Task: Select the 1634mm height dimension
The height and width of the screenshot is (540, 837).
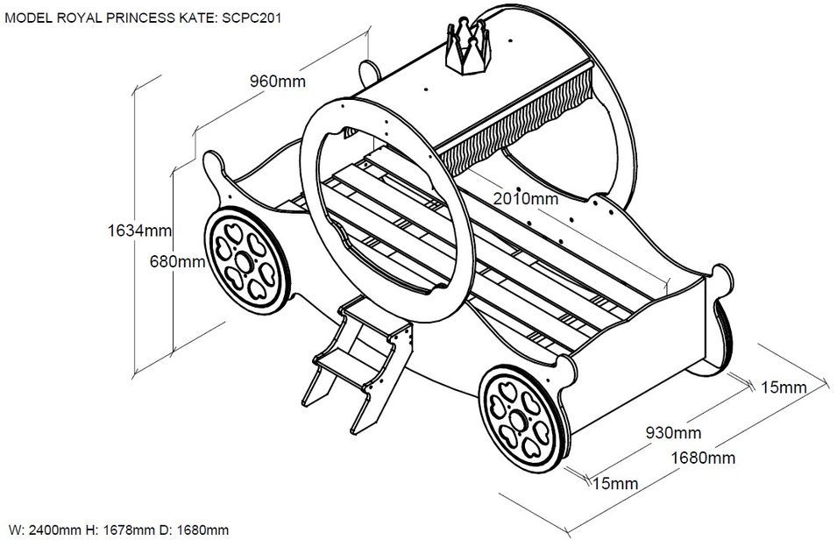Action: coord(139,231)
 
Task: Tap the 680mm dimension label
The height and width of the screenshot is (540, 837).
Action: coord(177,261)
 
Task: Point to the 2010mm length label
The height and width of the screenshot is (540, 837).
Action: coord(524,199)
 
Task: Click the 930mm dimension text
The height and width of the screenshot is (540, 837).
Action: coord(673,433)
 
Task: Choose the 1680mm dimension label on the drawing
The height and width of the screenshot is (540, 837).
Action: coord(703,458)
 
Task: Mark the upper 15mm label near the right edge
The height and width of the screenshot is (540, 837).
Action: coord(783,387)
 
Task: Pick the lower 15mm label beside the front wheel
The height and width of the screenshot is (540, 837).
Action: coord(614,483)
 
